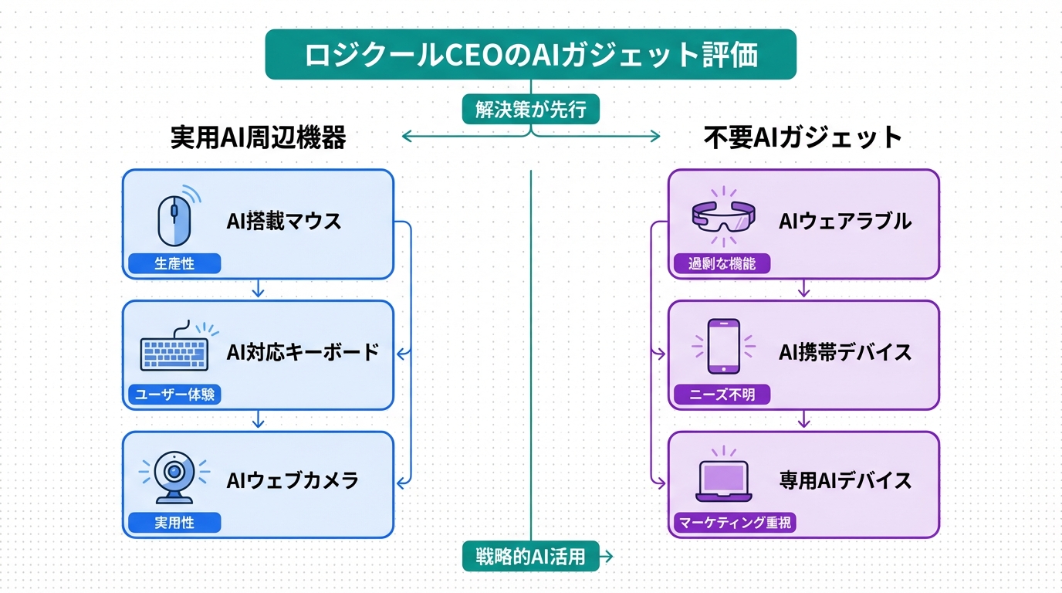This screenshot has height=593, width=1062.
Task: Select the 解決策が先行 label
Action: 531,110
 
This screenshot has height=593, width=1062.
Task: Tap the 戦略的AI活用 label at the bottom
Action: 531,556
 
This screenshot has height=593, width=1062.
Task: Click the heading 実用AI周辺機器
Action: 258,137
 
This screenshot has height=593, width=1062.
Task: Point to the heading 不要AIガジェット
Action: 803,137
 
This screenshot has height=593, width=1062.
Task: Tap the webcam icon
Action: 174,476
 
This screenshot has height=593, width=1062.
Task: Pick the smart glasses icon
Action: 723,215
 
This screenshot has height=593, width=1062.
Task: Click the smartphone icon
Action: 723,347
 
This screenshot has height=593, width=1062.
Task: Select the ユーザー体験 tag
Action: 174,395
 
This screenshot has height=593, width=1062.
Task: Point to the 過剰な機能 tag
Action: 722,264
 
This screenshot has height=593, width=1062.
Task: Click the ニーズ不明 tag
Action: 722,395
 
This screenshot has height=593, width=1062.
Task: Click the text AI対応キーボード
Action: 303,353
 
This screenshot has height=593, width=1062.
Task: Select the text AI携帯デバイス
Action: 845,353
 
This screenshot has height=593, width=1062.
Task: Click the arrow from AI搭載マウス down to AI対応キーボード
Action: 259,290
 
